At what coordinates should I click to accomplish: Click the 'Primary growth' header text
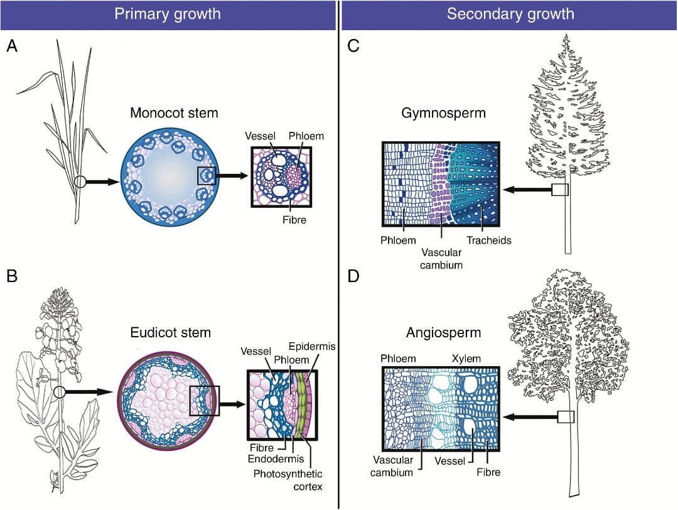coord(167,14)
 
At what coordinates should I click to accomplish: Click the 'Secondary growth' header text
coord(510,14)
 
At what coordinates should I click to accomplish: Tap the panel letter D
coord(353,277)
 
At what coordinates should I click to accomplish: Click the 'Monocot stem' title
coord(174,114)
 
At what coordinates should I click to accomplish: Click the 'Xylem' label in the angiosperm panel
coord(466,358)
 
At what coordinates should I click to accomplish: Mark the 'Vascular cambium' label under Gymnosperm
coord(441,258)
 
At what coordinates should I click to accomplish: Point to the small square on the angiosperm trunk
coord(566,416)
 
